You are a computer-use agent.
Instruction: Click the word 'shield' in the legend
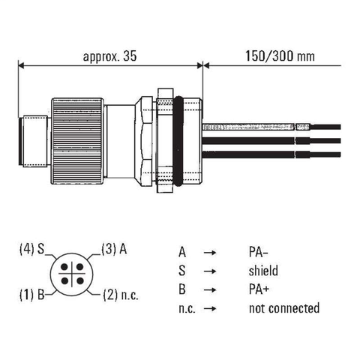click(x=264, y=271)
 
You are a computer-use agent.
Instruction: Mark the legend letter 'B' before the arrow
click(x=181, y=289)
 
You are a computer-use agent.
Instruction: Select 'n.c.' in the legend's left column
click(x=187, y=308)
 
